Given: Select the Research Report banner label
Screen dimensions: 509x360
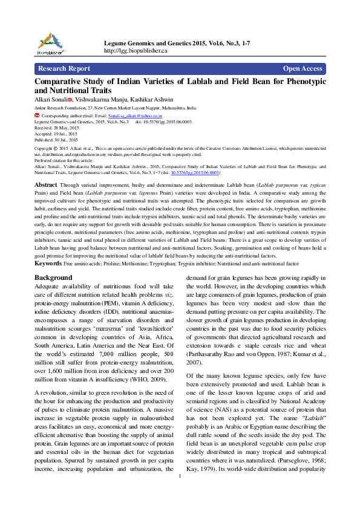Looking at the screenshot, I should (x=64, y=69).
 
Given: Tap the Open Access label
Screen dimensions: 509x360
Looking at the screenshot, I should (x=302, y=69).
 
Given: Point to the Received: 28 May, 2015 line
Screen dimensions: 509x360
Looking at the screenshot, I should (x=56, y=128).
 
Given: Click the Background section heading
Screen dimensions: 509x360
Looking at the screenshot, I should (x=53, y=277).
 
